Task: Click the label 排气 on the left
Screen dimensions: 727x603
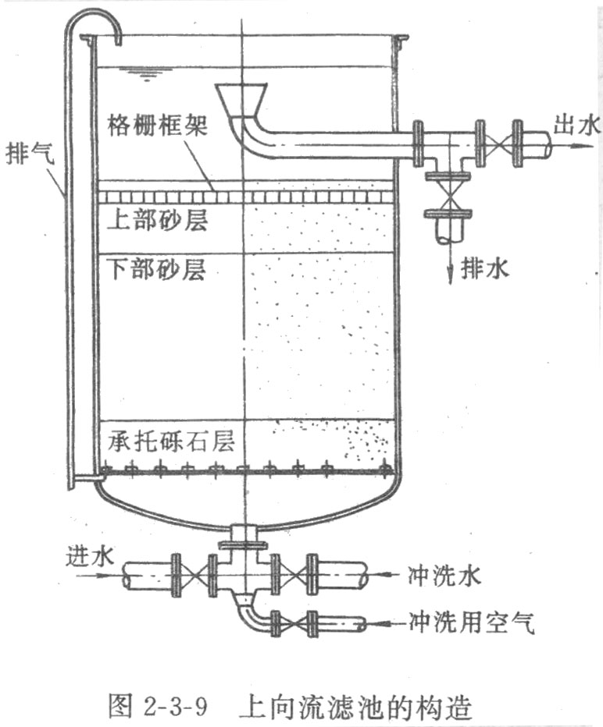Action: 29,151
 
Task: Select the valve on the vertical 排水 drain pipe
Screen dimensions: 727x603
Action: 448,196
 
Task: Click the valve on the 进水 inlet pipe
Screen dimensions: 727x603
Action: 192,576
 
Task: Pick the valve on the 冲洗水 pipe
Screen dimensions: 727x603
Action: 293,576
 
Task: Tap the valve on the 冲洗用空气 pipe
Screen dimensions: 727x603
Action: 294,623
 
